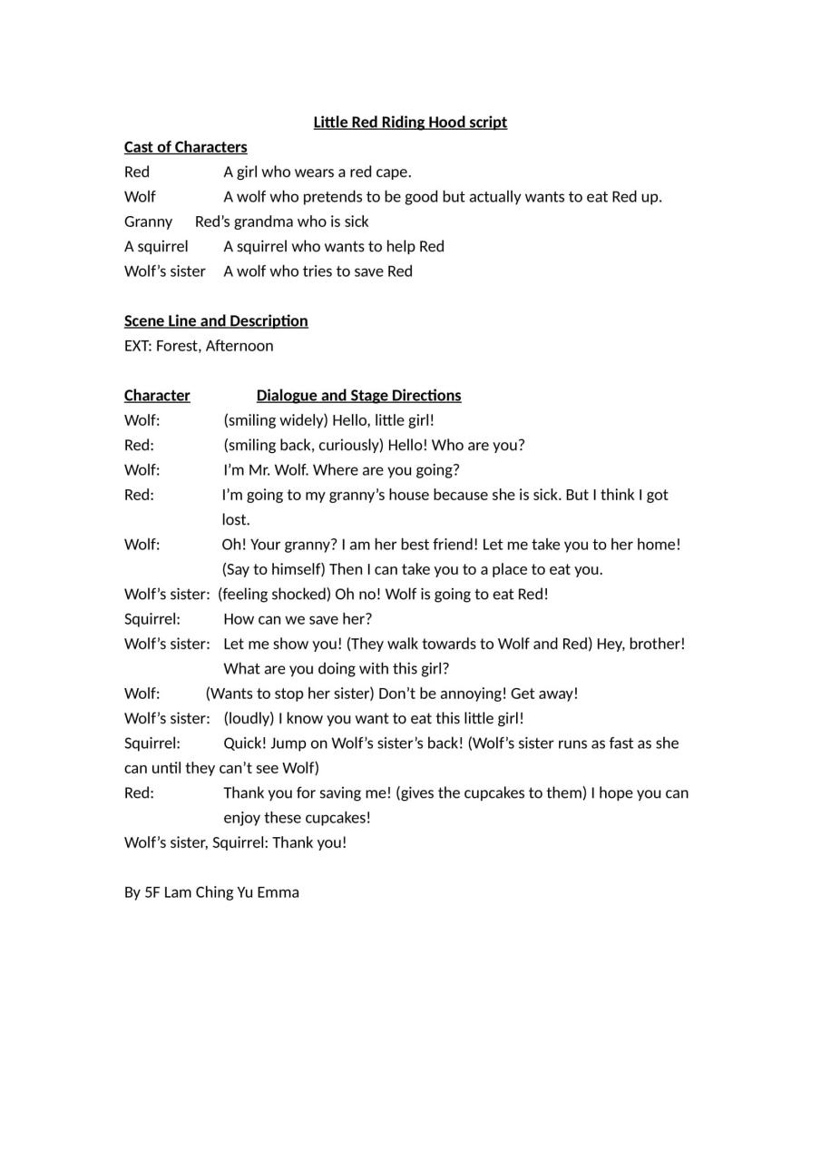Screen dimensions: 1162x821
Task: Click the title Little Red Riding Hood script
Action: click(x=410, y=123)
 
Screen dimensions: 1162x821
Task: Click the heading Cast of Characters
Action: click(x=185, y=147)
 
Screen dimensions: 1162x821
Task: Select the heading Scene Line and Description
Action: click(x=216, y=320)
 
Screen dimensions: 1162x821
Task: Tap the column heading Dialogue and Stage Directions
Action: click(x=358, y=395)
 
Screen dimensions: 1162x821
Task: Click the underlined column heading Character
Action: click(x=157, y=395)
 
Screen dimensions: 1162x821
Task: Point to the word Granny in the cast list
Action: click(x=148, y=222)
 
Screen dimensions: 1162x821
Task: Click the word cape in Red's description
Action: click(x=393, y=172)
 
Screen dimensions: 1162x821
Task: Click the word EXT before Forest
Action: click(x=137, y=346)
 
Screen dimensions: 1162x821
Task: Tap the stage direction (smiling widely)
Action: click(x=276, y=420)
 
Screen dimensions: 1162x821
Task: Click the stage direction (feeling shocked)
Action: click(x=274, y=595)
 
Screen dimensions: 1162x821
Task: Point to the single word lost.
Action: click(x=236, y=520)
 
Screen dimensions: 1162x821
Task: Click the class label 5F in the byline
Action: click(x=152, y=892)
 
